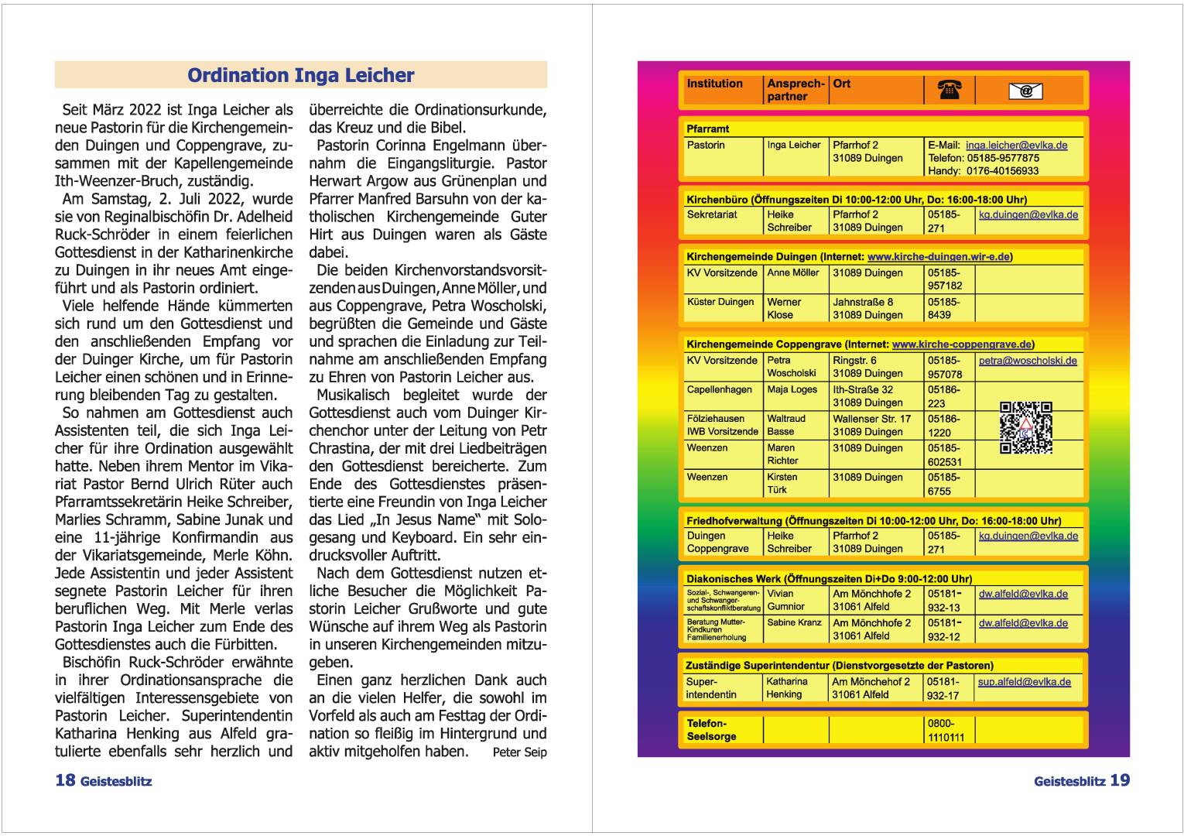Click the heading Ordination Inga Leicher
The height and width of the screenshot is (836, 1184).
tap(300, 75)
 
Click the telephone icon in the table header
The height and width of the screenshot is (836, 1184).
tap(949, 91)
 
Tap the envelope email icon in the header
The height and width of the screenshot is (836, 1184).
tap(1025, 91)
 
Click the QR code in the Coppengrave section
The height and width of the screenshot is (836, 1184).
tap(1025, 427)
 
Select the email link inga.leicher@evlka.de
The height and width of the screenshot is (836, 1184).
tap(1016, 145)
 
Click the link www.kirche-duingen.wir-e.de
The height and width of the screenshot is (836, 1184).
tap(939, 256)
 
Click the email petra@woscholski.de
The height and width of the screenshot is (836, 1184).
tap(1027, 361)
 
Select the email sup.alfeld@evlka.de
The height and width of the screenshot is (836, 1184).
tap(1024, 682)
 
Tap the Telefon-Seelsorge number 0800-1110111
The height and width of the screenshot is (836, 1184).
tap(946, 730)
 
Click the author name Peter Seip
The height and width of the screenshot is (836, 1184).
tap(519, 752)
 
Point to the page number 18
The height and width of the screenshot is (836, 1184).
tap(65, 780)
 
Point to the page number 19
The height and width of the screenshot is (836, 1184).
tap(1119, 780)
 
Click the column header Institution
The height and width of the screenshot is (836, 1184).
tap(714, 84)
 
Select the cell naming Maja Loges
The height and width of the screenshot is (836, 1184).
tap(792, 389)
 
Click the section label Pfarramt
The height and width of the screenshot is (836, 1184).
tap(707, 128)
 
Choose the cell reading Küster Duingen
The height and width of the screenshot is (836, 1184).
tap(720, 302)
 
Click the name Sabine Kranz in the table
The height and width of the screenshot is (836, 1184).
tap(794, 622)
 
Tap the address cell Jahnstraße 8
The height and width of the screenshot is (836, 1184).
tap(863, 302)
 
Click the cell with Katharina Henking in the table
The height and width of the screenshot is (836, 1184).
tap(786, 687)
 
